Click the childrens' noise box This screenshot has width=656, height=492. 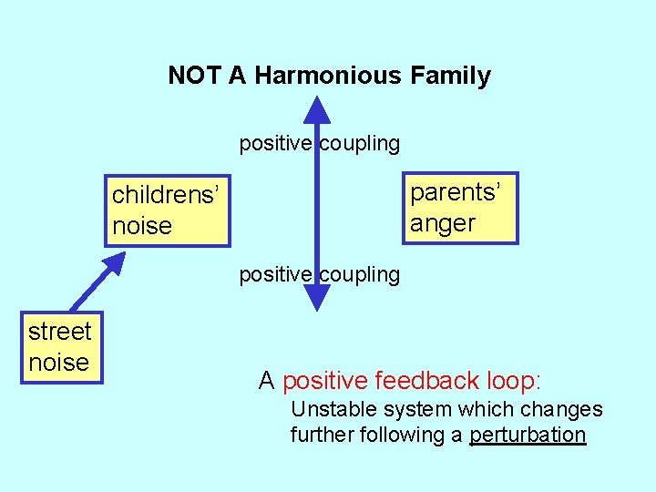[167, 210]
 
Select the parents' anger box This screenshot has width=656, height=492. [461, 208]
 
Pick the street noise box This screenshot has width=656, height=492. [60, 347]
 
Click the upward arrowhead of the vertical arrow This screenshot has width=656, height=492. [316, 110]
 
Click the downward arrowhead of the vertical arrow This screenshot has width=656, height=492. [316, 297]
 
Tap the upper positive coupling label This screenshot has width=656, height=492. [319, 143]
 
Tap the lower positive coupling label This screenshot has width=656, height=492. [319, 274]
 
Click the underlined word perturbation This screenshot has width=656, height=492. [528, 435]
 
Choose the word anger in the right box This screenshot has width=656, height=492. [443, 223]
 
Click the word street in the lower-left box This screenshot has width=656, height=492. [60, 332]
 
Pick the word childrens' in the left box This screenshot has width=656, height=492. [165, 195]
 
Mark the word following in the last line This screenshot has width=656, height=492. [398, 435]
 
